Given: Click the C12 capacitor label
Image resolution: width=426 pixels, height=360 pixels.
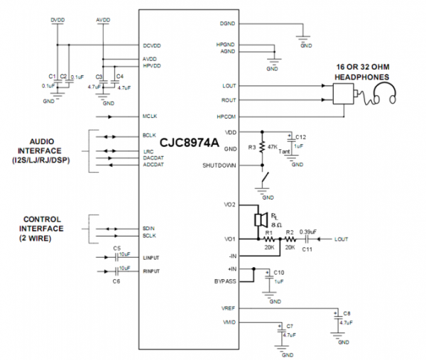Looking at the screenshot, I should (300, 136).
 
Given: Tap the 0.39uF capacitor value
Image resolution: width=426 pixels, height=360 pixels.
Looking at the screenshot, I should (308, 231).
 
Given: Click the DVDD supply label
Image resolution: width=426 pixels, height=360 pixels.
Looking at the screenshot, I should (58, 20).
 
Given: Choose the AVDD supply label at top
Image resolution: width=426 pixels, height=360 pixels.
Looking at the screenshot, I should (103, 20).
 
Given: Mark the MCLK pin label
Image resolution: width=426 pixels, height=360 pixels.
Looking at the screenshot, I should (149, 115).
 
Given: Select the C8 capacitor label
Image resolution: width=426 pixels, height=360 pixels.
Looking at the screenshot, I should (347, 313).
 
